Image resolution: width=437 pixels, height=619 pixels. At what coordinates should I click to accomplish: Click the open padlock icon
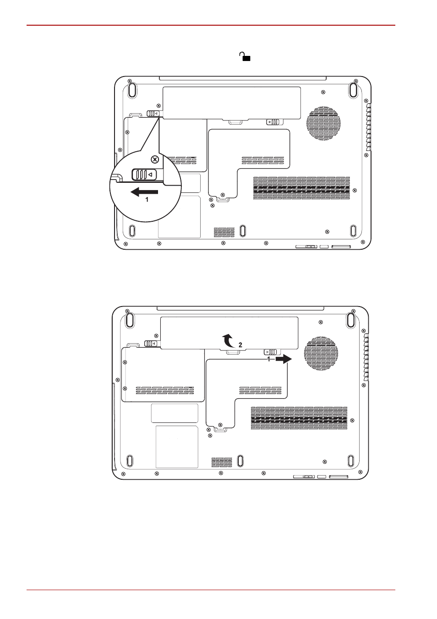click(245, 56)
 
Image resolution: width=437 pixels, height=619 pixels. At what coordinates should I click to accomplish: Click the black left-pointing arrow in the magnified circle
click(144, 192)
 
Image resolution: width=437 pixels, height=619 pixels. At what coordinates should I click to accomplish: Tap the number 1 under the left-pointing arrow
click(147, 199)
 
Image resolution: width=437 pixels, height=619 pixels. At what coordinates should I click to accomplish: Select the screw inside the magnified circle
click(155, 159)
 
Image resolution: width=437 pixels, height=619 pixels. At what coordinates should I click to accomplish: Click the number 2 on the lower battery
click(240, 345)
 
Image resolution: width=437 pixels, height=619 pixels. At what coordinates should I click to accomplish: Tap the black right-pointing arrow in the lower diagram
click(284, 359)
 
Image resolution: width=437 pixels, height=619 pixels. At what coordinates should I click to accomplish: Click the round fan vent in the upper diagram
click(323, 124)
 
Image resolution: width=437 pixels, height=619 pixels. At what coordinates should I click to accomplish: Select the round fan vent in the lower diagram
click(321, 353)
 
